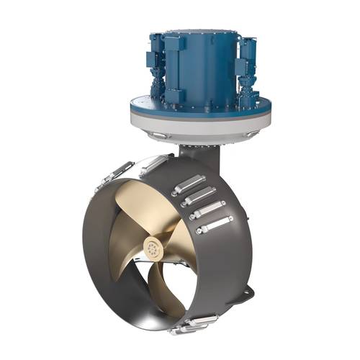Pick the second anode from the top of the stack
click(x=199, y=197)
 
